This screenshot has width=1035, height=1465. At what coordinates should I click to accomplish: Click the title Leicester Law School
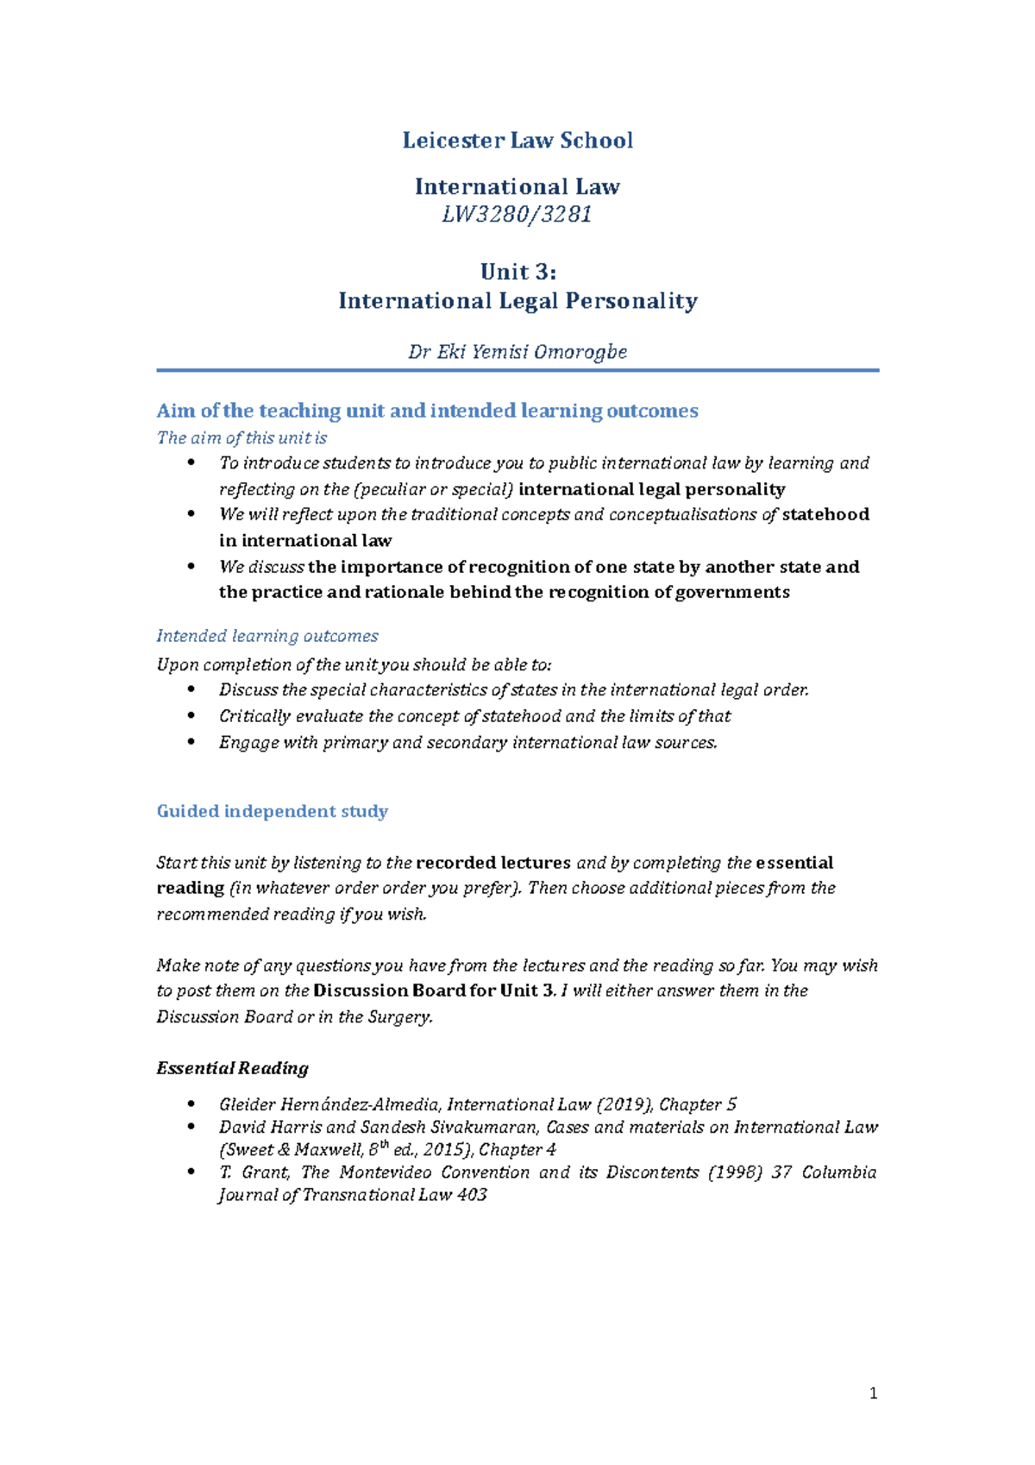coord(517,141)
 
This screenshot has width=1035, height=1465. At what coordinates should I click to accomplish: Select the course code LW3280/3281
coord(517,215)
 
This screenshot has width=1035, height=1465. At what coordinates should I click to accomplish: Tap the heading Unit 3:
coord(517,272)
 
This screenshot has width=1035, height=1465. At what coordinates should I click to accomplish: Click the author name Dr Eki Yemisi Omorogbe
coord(517,352)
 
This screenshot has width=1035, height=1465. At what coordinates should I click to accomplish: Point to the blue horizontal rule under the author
coord(517,370)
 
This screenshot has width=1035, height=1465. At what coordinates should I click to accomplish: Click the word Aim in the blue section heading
coord(176,411)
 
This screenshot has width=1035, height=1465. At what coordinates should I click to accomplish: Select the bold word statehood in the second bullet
coord(825,515)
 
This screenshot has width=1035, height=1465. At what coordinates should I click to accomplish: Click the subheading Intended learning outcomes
coord(267,636)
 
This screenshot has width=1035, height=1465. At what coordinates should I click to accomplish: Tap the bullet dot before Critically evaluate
coord(191,716)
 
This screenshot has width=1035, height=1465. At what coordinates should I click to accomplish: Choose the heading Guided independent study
coord(273,811)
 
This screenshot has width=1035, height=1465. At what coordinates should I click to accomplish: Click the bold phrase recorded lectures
coord(493,863)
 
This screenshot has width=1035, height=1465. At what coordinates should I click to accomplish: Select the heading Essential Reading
coord(232,1068)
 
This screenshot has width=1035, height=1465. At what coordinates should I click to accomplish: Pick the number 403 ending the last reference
coord(472,1195)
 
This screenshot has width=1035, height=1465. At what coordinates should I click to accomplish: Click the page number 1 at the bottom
coord(874,1393)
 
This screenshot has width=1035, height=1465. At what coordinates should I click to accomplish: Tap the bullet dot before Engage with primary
coord(191,742)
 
